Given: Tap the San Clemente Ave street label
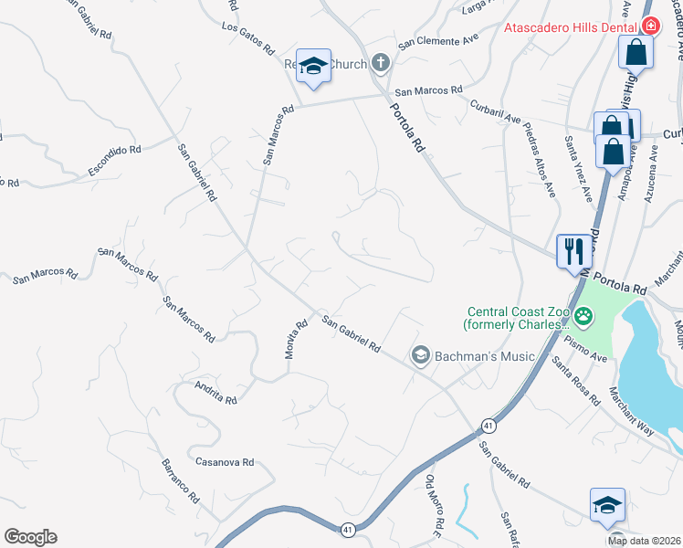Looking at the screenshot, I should coord(437,43).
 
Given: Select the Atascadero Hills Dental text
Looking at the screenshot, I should coord(570,27).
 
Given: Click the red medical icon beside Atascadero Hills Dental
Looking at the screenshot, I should coord(649,27).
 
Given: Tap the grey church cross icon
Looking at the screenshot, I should coord(381,63).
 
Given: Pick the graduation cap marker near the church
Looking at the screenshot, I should coord(313,66).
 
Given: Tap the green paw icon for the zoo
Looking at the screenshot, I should coord(583,317).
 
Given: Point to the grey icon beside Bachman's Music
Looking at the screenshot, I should coord(421,354).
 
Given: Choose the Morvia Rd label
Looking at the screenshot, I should coord(293,338).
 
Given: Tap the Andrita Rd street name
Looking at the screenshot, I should coord(215,393).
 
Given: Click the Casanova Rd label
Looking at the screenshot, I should coord(224,463).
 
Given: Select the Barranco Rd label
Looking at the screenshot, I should coord(180,480).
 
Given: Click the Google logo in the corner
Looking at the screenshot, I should coord(30,537).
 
